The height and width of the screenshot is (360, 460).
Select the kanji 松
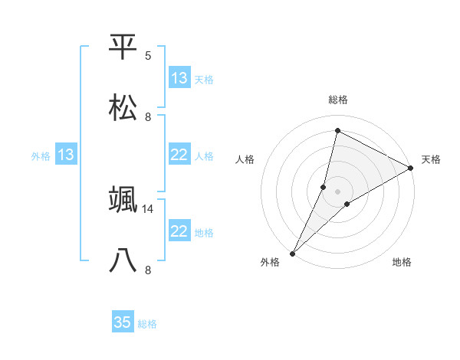[x=123, y=107]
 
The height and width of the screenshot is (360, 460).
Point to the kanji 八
[x=123, y=260]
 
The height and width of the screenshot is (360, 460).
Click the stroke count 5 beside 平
[x=148, y=56]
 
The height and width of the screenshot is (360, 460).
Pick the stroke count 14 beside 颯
[x=148, y=208]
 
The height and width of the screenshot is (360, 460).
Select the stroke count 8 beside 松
[x=148, y=116]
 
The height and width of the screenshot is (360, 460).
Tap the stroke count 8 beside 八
[x=148, y=270]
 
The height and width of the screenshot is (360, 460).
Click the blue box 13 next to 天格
[x=179, y=78]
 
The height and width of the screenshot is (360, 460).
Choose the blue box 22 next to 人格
[x=179, y=155]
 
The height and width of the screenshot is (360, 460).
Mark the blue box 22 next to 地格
[x=179, y=231]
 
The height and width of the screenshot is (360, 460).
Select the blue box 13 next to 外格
[x=66, y=155]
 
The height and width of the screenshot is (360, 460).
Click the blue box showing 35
[x=123, y=322]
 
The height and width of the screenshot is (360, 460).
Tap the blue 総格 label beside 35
[x=147, y=324]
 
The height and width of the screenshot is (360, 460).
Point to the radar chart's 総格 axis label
[x=338, y=100]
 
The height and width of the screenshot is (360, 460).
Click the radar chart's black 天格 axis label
[x=431, y=159]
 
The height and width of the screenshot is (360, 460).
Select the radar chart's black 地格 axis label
[x=402, y=263]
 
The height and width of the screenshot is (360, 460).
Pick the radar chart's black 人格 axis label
[x=245, y=159]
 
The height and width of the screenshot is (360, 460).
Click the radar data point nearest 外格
[x=292, y=253]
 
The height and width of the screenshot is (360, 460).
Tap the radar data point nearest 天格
[x=411, y=168]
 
